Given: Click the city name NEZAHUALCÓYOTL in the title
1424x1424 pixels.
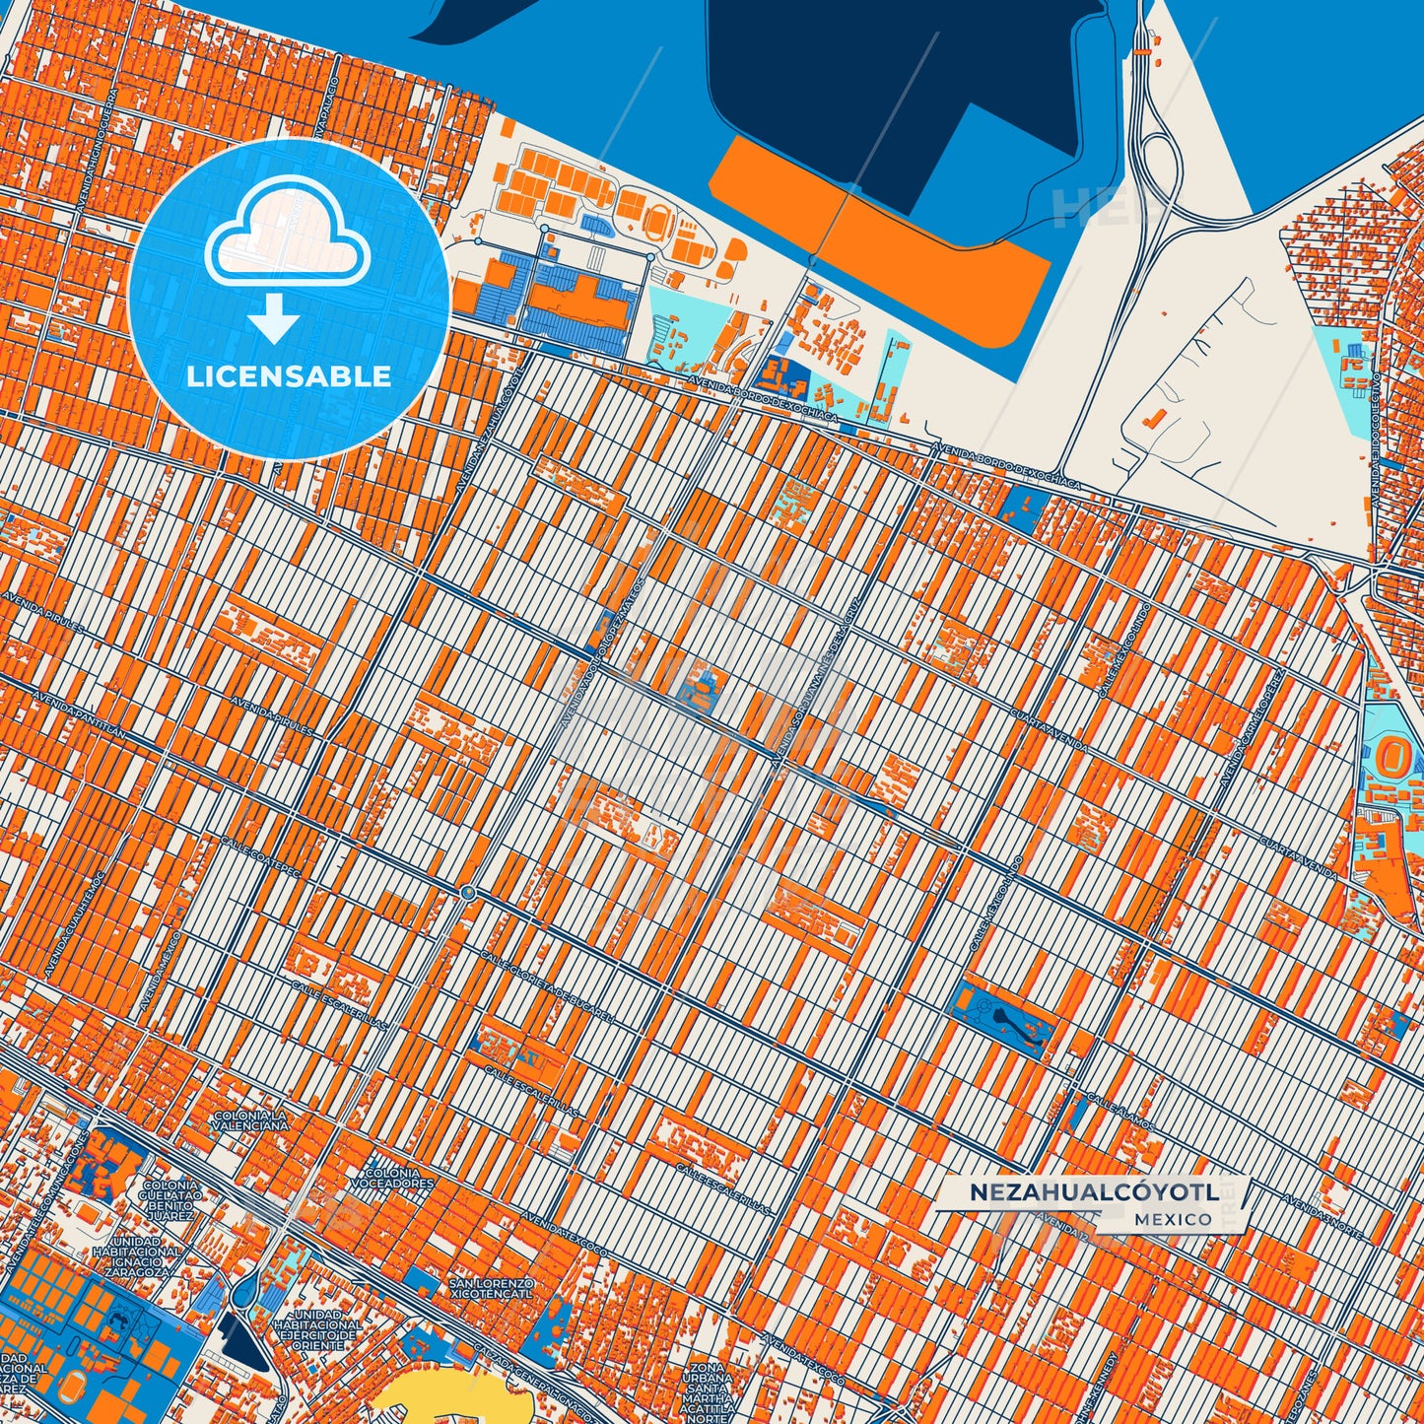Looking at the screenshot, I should pos(1093,1191).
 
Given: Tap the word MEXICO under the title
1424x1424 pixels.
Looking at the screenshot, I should pos(1173,1219).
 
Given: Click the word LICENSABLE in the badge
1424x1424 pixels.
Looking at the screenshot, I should pos(290,375).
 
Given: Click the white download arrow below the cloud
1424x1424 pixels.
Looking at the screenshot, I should pos(275,318).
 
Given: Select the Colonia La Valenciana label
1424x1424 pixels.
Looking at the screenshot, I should pos(250,1119).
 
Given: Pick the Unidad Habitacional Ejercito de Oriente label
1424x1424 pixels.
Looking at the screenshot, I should pos(317,1329).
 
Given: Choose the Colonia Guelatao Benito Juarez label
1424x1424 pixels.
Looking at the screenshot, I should pos(167,1200).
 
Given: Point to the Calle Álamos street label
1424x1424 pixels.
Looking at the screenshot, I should pos(1115,1105).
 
